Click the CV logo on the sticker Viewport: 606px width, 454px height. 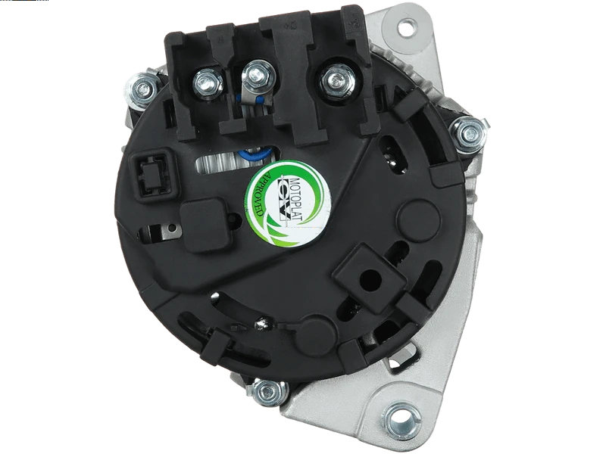(285, 199)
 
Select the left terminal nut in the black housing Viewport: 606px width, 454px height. (207, 82)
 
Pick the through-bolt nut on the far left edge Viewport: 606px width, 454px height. (142, 89)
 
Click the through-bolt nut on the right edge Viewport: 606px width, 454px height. (469, 133)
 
